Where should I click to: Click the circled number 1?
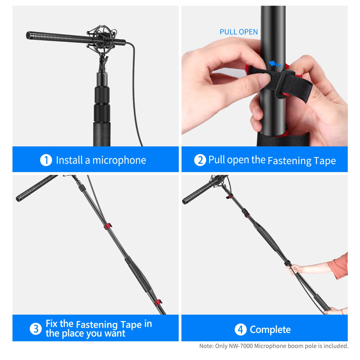pos(46,160)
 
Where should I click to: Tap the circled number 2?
pos(200,160)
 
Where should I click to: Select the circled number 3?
pos(36,329)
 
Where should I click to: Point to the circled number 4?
pos(240,329)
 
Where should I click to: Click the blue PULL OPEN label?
pos(239,32)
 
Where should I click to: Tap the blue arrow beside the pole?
pos(275,64)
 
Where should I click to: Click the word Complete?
pos(270,330)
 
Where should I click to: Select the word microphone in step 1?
pos(119,160)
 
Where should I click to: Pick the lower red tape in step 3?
pos(158,302)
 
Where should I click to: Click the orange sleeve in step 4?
pos(339,266)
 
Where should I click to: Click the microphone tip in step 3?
pos(18,199)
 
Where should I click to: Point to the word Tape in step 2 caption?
pos(324,161)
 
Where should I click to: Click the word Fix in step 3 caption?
pos(51,323)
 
